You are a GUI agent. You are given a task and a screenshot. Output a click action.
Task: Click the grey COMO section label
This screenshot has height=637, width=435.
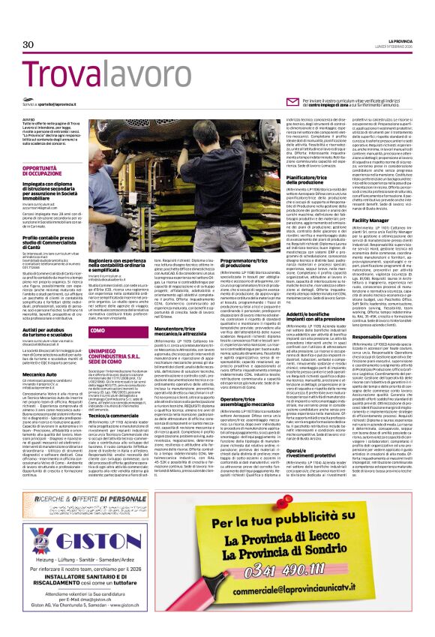click(x=98, y=309)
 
